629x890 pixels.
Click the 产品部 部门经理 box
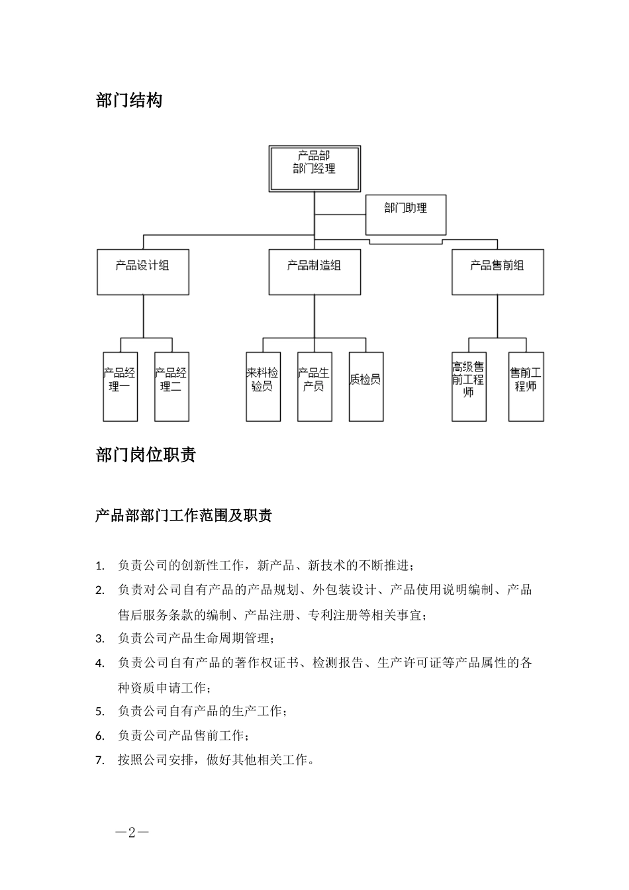tap(314, 169)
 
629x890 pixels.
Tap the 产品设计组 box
tap(142, 272)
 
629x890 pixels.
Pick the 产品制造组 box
tap(314, 272)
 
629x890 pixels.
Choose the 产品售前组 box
tap(497, 272)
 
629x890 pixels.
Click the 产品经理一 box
tap(120, 387)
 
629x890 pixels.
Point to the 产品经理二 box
tap(171, 387)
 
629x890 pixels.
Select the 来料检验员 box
tap(263, 387)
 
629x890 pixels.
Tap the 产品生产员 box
tap(314, 387)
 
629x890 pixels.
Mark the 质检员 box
tap(366, 387)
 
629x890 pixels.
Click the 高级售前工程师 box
tap(469, 387)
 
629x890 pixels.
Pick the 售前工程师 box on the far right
tap(526, 387)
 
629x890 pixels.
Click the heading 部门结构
tap(129, 101)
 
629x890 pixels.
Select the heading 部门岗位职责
tap(146, 455)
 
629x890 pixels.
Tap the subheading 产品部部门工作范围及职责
tap(183, 516)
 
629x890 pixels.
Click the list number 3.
tap(100, 639)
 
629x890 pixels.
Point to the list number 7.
tap(100, 760)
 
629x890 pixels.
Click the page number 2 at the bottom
tap(131, 832)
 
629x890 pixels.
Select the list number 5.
tap(100, 712)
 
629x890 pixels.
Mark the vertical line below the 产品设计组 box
tap(143, 316)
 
